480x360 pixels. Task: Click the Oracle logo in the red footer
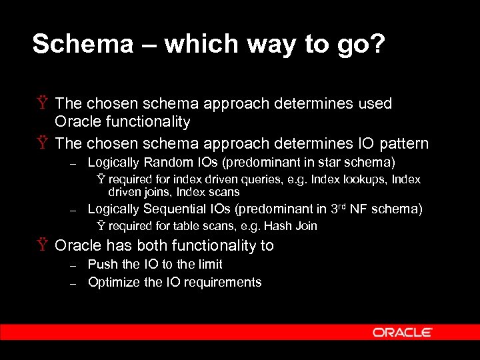click(x=402, y=332)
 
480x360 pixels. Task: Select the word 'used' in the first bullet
click(x=375, y=103)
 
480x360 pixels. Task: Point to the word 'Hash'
click(x=275, y=226)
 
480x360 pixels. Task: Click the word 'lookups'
click(x=366, y=179)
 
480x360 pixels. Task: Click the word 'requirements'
click(x=222, y=282)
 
